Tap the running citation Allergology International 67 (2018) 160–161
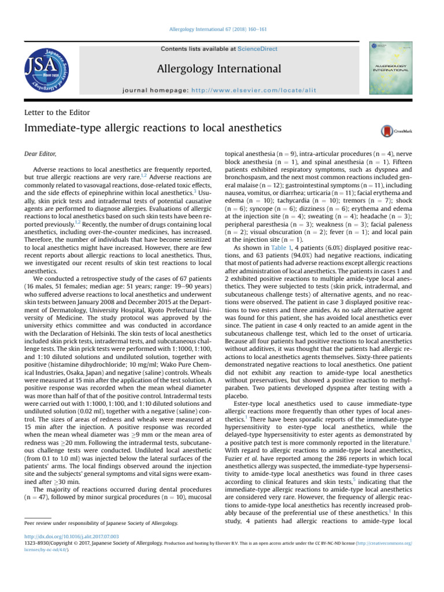(222, 29)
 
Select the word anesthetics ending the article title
(243, 129)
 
